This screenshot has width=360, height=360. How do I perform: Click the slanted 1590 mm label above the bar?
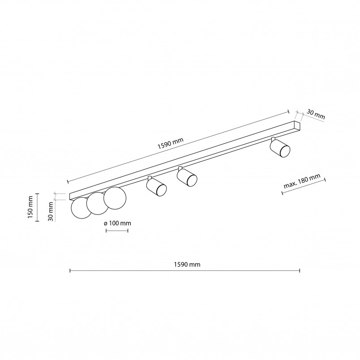tap(170, 143)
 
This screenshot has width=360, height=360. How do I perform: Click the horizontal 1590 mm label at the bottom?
tap(187, 265)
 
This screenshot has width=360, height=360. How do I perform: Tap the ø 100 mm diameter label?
tap(117, 223)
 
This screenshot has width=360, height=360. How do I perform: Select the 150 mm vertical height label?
tap(30, 207)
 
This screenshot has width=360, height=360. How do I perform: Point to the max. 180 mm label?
tap(302, 181)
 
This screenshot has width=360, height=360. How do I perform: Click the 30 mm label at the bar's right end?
tap(316, 115)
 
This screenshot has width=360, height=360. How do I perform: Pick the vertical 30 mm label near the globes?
tap(51, 211)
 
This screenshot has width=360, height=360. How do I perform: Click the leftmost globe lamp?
tap(81, 208)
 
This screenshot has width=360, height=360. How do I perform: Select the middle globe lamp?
tap(97, 203)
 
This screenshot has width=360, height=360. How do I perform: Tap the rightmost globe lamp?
tap(115, 198)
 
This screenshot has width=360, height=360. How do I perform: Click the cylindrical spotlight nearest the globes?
tap(156, 187)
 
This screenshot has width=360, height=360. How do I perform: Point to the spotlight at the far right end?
tap(280, 147)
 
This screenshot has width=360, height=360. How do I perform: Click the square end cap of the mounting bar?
tap(298, 126)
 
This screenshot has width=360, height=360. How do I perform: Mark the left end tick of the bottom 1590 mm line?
tap(70, 271)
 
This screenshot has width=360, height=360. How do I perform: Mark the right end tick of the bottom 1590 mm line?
tap(300, 271)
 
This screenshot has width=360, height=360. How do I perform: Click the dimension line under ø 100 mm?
tap(117, 231)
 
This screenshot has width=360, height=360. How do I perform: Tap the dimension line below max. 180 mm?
tap(304, 187)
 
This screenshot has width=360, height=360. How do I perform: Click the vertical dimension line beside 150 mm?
tap(37, 207)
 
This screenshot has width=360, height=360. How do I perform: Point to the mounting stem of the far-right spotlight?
tap(273, 139)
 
